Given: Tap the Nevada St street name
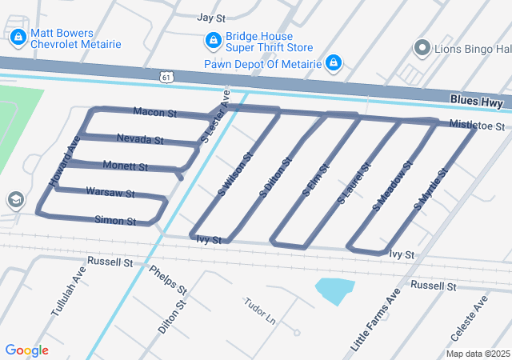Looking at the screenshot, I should click(x=140, y=139).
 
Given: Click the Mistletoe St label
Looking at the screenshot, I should click(x=476, y=126).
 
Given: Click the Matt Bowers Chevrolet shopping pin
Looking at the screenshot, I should click(x=18, y=37).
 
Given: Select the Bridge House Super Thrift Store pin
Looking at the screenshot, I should click(x=213, y=40).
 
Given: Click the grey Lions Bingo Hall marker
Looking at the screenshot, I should click(x=422, y=48).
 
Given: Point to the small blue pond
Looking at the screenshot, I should click(x=334, y=290).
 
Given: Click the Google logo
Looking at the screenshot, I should click(x=26, y=350).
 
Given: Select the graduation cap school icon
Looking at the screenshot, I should click(x=14, y=199).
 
